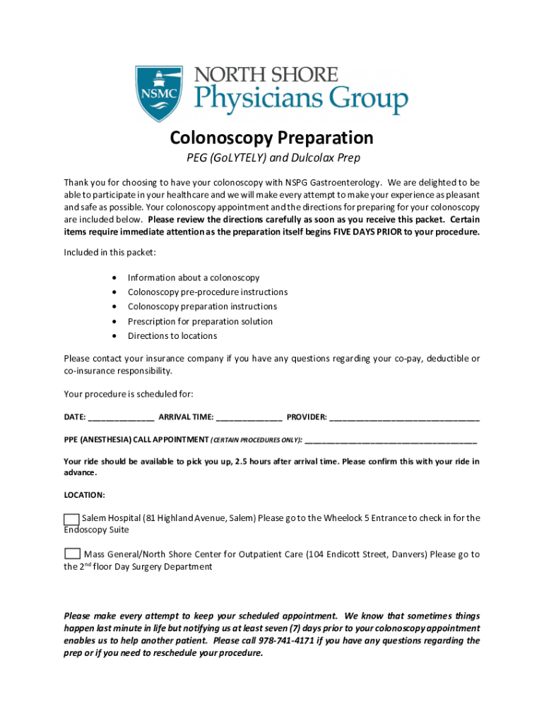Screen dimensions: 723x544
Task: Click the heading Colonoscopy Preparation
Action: pyautogui.click(x=271, y=137)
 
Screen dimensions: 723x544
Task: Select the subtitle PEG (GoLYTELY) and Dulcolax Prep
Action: pyautogui.click(x=271, y=158)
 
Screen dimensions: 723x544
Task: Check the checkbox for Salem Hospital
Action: pyautogui.click(x=71, y=520)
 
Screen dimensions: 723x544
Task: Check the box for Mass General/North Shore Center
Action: pyautogui.click(x=72, y=554)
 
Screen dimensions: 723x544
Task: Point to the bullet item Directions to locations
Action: pyautogui.click(x=172, y=336)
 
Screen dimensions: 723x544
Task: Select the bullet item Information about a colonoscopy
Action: pyautogui.click(x=194, y=278)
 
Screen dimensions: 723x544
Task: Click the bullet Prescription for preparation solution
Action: pyautogui.click(x=200, y=321)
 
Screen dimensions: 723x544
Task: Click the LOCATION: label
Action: pyautogui.click(x=84, y=496)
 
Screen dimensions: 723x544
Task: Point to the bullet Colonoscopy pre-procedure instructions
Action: pyautogui.click(x=207, y=292)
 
